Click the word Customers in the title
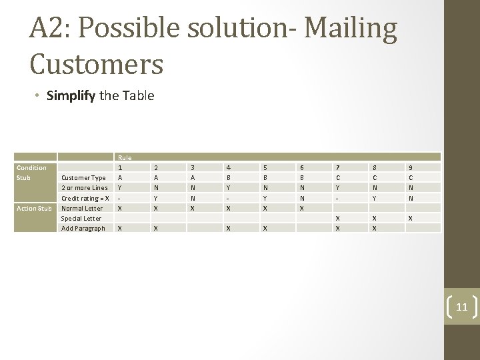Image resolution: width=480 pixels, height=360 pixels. [97, 63]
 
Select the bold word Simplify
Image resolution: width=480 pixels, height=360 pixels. [71, 95]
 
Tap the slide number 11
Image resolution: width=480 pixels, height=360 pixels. [462, 307]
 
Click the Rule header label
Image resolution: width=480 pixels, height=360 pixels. [124, 157]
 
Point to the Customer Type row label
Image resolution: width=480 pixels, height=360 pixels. [83, 178]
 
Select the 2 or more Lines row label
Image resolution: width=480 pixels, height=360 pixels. [85, 188]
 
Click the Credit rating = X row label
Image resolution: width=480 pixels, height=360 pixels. [85, 198]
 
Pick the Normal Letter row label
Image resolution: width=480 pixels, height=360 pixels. [82, 208]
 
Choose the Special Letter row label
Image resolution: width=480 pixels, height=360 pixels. [81, 218]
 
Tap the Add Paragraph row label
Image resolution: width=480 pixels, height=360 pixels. [83, 228]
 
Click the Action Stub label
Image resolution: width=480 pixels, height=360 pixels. [34, 208]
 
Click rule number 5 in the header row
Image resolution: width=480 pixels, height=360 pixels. [265, 168]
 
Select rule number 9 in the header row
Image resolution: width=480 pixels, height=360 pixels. [410, 168]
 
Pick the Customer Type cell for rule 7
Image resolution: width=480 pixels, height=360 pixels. [337, 178]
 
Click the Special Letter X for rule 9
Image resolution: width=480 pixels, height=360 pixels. [410, 218]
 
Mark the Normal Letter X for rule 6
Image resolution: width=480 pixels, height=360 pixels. [301, 208]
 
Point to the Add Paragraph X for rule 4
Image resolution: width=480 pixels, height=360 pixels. [229, 228]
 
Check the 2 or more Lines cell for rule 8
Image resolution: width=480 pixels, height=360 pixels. [374, 188]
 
